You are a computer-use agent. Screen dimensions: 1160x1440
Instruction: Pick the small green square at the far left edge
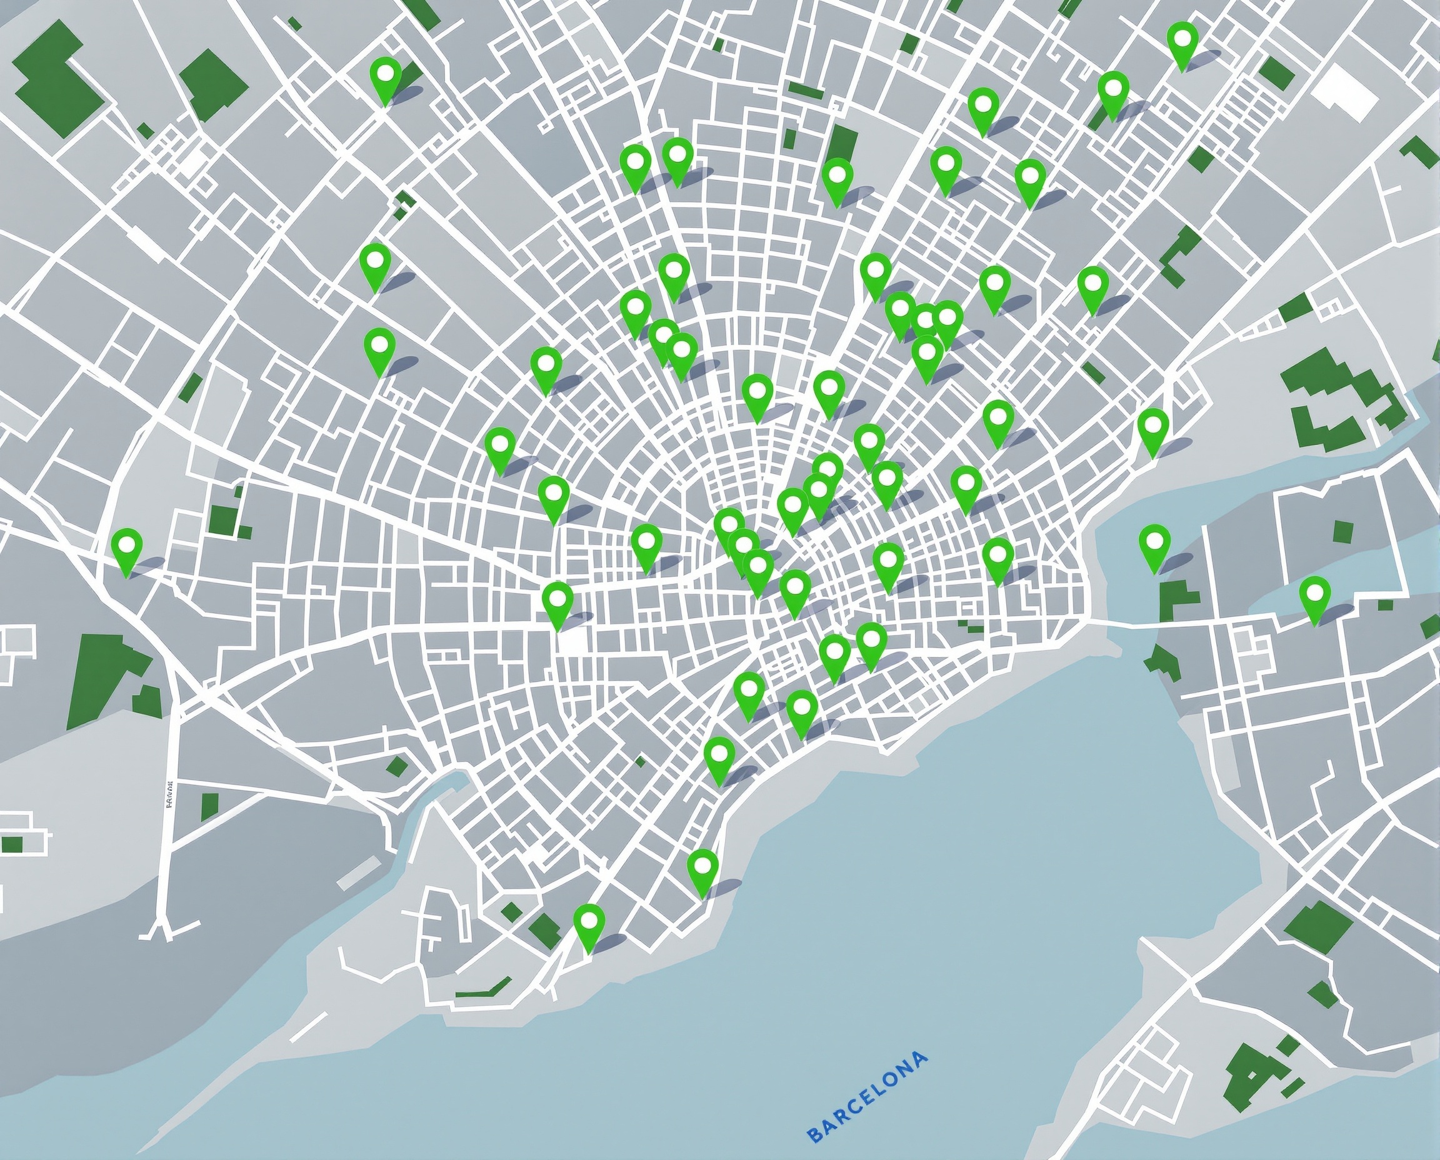click(12, 844)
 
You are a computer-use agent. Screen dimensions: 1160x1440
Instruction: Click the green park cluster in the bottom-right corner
click(1256, 1076)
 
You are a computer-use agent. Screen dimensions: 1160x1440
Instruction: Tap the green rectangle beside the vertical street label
click(209, 806)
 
